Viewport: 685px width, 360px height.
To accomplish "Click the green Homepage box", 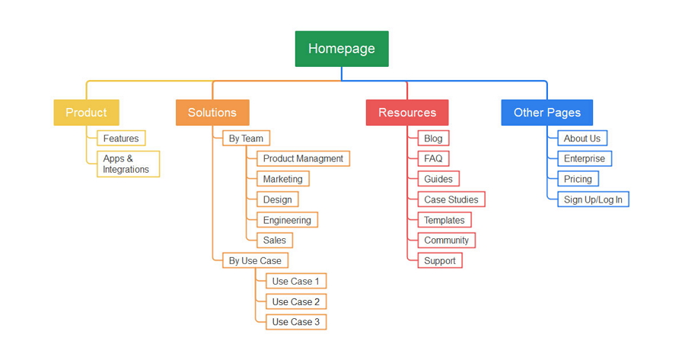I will click(342, 49).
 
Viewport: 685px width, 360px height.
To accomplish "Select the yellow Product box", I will click(86, 113).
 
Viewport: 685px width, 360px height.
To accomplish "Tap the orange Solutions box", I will click(212, 113).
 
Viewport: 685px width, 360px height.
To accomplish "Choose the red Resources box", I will click(407, 113).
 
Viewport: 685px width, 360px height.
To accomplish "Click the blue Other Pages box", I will click(546, 113).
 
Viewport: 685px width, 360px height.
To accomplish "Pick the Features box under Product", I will click(121, 139).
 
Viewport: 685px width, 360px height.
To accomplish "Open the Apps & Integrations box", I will click(127, 164).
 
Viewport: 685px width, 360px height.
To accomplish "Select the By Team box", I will click(246, 139).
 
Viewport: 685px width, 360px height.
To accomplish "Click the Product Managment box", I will click(303, 158).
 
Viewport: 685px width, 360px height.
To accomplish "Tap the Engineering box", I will click(287, 220).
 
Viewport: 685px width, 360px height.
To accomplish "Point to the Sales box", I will click(275, 240).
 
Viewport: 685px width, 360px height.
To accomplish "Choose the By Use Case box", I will click(255, 260).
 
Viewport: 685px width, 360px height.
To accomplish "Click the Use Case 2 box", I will click(296, 301).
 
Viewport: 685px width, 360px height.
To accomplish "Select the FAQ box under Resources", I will click(433, 158).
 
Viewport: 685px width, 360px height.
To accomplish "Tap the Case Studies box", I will click(451, 199).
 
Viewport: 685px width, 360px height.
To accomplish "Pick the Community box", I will click(446, 240).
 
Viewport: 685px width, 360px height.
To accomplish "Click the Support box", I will click(440, 260).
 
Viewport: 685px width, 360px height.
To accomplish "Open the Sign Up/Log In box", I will click(593, 199).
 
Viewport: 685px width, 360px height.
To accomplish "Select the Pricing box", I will click(578, 179).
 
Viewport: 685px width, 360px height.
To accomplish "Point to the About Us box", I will click(581, 139).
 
